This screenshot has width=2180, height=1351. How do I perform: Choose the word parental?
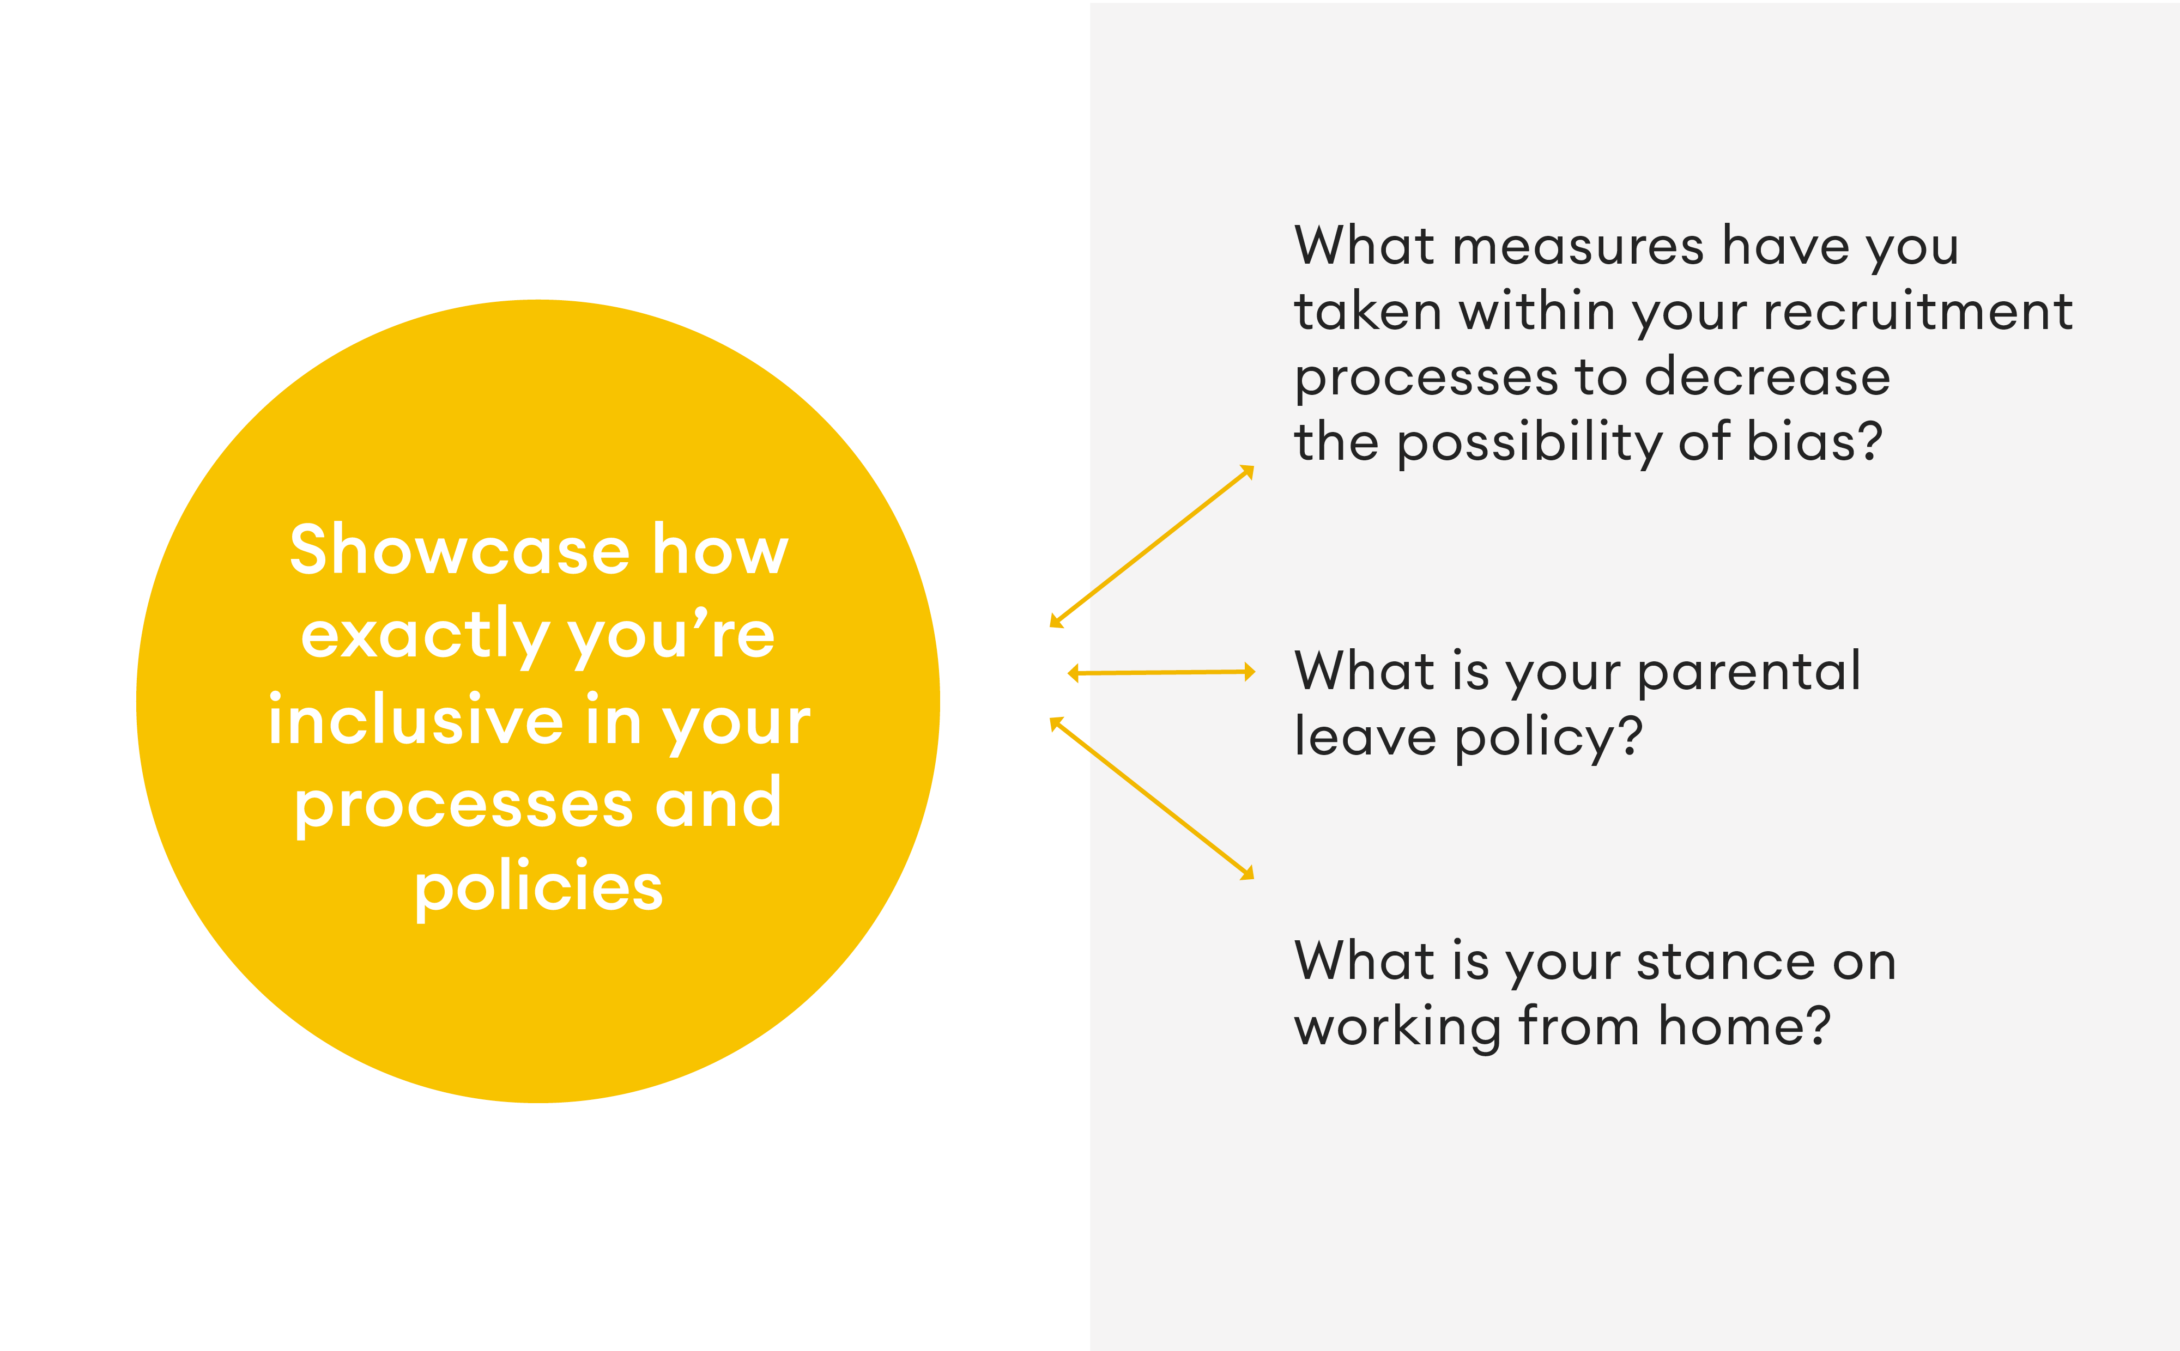(1749, 673)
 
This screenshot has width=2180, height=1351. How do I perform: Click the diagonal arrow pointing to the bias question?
(1152, 546)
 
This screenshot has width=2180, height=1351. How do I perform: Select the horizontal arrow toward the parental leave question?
(1161, 673)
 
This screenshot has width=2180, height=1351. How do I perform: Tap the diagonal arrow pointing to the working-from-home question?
(1152, 798)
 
